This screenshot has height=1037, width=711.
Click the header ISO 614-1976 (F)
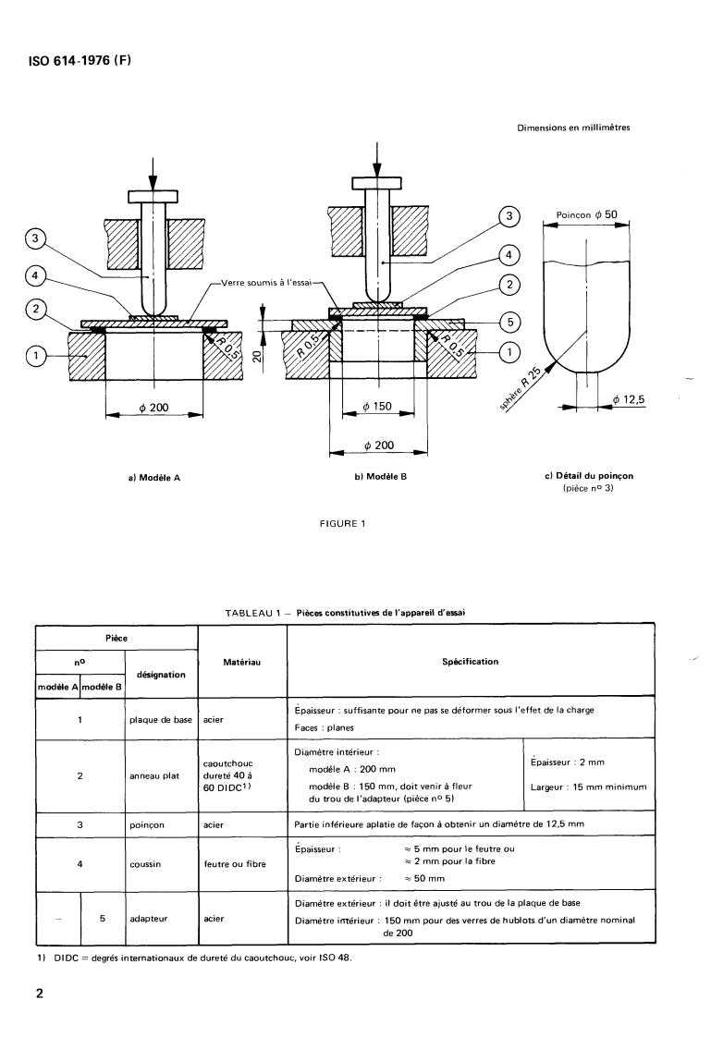80,61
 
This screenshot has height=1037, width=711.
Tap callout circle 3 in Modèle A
36,239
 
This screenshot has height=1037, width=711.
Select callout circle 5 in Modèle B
509,323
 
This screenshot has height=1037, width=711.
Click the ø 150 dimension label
377,406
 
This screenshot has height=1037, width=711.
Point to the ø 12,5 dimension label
628,399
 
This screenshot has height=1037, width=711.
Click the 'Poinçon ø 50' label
587,215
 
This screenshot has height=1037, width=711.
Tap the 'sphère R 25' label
520,391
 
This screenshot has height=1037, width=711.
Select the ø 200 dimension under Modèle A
154,408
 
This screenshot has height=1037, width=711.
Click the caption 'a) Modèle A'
154,478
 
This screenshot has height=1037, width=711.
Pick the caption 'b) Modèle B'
380,477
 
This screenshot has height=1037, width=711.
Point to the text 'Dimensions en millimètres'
573,128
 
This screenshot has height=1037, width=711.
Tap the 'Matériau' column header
241,662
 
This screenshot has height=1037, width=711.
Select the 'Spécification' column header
471,662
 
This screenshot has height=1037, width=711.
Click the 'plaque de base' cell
161,720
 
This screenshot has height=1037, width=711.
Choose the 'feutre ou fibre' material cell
235,864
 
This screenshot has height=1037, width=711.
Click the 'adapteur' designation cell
148,919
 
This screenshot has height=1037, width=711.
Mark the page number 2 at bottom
40,994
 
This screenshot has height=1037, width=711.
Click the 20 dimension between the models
257,357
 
